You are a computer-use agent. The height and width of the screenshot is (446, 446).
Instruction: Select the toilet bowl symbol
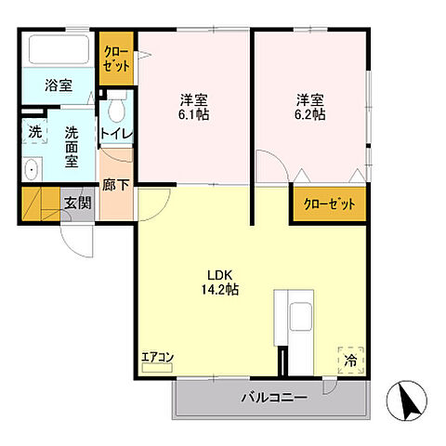(x=115, y=111)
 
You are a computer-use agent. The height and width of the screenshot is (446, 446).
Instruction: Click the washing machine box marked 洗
(x=33, y=132)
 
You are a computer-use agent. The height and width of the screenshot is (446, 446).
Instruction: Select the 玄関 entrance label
(x=77, y=203)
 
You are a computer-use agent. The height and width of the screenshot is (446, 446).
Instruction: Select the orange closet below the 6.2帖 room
(x=329, y=204)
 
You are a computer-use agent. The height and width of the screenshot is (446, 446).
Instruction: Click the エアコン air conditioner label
(x=157, y=358)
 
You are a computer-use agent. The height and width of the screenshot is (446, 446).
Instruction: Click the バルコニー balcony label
(x=274, y=399)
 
